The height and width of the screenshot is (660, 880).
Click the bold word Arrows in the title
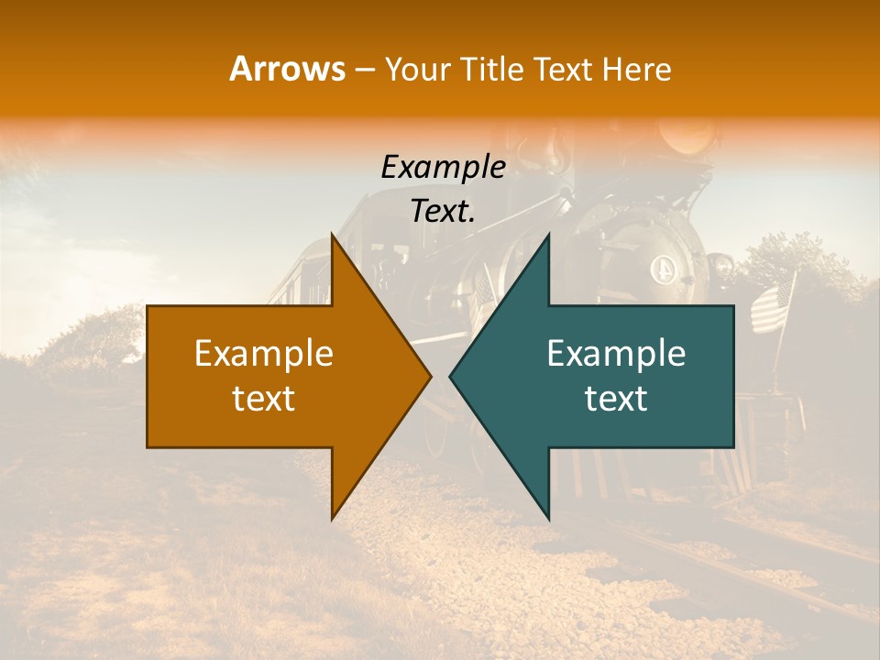coord(287,69)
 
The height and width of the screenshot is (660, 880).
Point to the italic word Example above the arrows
coord(443,167)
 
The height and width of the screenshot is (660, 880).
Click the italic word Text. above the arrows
coord(443,212)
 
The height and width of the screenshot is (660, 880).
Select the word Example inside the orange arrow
coord(264,354)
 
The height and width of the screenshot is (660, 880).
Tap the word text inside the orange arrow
coord(264,399)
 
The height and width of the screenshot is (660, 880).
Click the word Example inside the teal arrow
coord(616,354)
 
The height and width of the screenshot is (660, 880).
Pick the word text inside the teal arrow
coord(616,399)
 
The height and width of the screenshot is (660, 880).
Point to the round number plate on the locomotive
coord(662,269)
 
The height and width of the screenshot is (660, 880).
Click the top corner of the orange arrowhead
coord(332,236)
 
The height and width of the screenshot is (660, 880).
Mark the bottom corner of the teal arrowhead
coord(548,518)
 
